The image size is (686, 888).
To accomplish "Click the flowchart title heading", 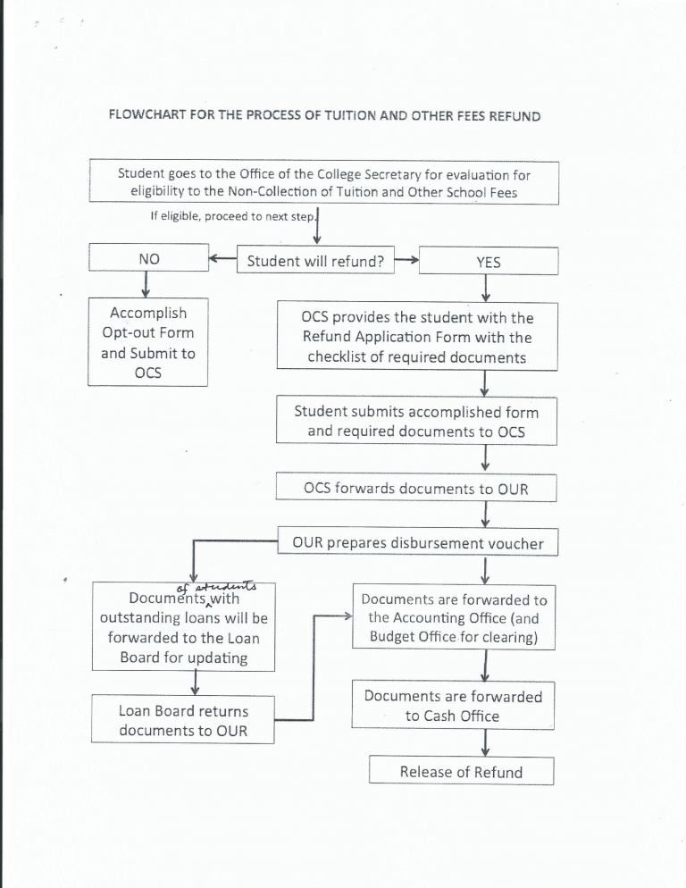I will (324, 116).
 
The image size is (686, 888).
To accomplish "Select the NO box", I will (147, 259).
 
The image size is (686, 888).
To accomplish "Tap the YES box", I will (488, 262).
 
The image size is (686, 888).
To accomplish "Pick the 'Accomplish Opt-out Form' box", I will (147, 342).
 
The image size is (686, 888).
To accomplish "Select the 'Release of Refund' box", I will (461, 772).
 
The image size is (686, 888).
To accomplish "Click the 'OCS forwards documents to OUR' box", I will (416, 489).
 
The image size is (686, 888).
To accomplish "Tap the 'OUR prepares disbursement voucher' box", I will (417, 542).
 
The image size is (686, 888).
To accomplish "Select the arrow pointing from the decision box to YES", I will (406, 261).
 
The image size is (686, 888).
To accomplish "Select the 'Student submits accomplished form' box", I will (416, 422).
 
